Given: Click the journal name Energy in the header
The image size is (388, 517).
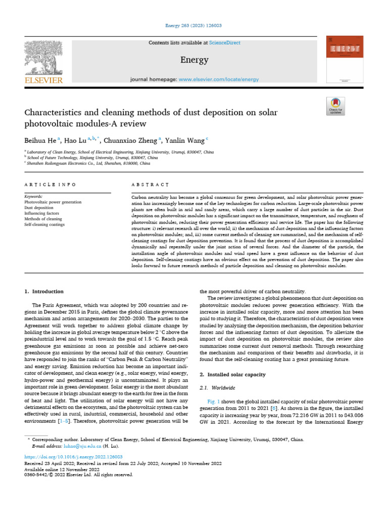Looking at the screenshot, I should pyautogui.click(x=194, y=60).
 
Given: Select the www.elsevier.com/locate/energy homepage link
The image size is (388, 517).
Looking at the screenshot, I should pyautogui.click(x=219, y=79).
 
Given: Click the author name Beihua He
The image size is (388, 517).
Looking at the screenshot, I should pyautogui.click(x=40, y=140).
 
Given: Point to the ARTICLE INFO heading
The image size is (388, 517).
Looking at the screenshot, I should pyautogui.click(x=51, y=185).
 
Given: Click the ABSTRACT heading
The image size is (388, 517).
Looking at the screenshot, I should pyautogui.click(x=150, y=185).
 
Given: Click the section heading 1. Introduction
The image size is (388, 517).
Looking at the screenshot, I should pyautogui.click(x=44, y=291).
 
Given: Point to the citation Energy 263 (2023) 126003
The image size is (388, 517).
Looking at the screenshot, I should pyautogui.click(x=194, y=26).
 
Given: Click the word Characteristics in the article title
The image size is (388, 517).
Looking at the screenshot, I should pyautogui.click(x=56, y=112).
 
